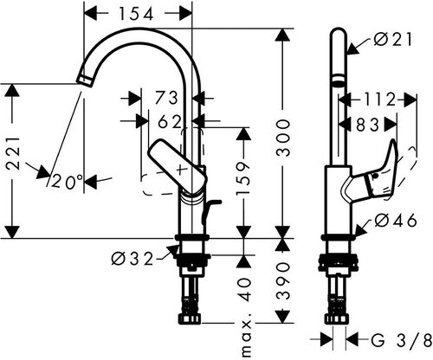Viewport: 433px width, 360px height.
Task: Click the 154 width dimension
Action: tap(136, 14)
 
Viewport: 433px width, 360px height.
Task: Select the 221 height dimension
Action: tap(13, 153)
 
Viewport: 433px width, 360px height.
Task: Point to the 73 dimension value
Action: tap(166, 98)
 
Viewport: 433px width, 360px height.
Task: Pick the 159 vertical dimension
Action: tap(243, 178)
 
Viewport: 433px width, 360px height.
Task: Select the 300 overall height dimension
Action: tap(282, 138)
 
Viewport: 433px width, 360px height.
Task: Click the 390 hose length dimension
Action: tap(282, 280)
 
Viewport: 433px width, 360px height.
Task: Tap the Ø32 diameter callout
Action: tap(132, 259)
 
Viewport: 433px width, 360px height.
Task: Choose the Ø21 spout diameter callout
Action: tap(393, 40)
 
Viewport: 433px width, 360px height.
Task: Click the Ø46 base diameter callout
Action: tap(396, 221)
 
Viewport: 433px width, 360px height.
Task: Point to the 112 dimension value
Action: tap(379, 100)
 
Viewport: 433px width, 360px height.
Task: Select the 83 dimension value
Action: tap(367, 125)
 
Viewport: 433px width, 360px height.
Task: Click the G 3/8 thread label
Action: tap(401, 340)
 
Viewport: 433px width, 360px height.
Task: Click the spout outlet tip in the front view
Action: tap(85, 80)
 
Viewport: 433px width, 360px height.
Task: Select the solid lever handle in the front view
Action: tap(178, 166)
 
